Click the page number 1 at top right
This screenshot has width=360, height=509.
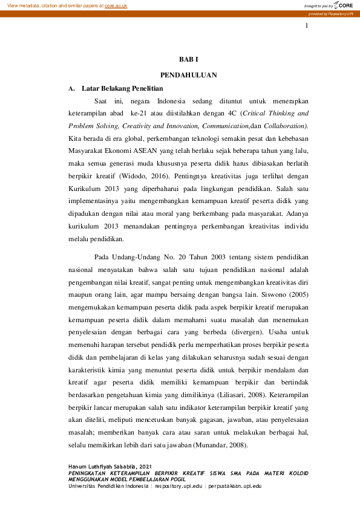click(x=307, y=26)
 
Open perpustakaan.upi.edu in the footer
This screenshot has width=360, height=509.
click(x=233, y=485)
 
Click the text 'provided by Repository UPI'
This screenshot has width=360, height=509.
click(x=335, y=13)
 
